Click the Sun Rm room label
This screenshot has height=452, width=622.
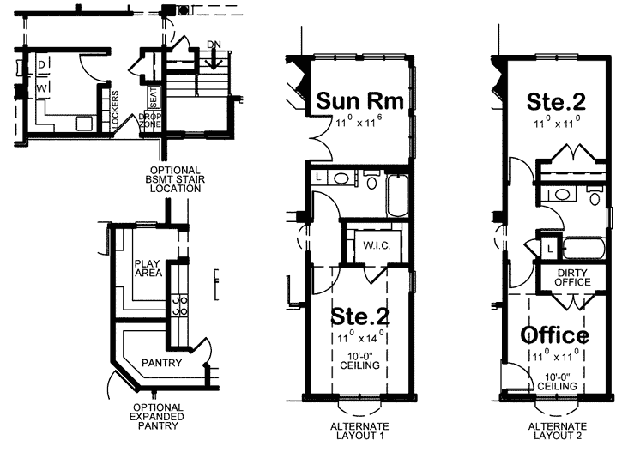359,101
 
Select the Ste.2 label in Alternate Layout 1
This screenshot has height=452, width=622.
360,317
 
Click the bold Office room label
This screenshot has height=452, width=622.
555,334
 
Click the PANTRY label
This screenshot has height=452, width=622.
160,363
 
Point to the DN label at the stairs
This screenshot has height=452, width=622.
214,45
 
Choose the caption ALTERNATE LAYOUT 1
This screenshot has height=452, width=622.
359,431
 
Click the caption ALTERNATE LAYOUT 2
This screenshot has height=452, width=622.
557,431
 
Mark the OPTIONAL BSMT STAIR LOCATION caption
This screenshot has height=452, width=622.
174,178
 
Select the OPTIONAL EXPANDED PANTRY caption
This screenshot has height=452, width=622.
156,416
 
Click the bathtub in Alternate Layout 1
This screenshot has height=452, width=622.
396,196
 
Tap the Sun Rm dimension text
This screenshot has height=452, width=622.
359,125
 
